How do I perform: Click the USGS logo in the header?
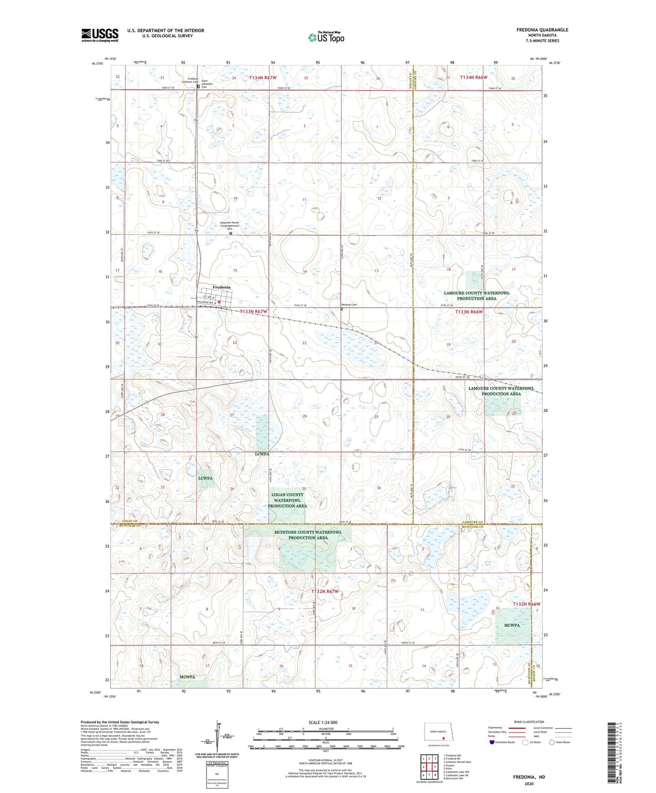(x=99, y=35)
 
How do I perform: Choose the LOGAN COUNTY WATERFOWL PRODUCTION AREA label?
(x=287, y=500)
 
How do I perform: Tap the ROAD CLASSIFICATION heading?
(x=529, y=722)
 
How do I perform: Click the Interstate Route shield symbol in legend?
(x=493, y=742)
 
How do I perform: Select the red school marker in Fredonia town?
(x=219, y=302)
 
